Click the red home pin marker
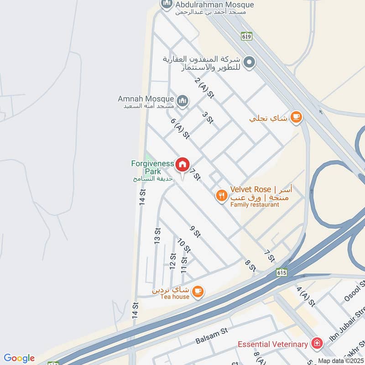coord(182,165)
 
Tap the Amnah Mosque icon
coord(182,101)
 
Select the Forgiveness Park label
coord(152,167)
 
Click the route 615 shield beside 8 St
coord(282,272)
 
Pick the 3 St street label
coord(208,118)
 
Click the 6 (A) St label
coord(180,129)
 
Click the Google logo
coord(19,358)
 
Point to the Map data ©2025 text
coord(340,360)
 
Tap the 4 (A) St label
coord(306,296)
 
